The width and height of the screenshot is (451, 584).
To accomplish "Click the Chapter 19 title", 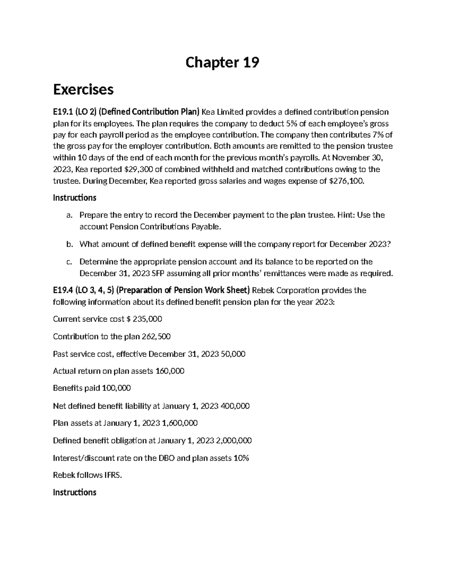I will point(222,62).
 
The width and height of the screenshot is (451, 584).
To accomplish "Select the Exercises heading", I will point(83,89).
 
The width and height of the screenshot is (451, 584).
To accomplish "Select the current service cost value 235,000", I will point(147,319).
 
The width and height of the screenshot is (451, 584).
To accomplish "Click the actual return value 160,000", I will point(170,371).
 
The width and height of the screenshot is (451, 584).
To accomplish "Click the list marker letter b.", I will point(69,244).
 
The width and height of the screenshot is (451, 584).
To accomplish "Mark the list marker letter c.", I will point(69,262).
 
